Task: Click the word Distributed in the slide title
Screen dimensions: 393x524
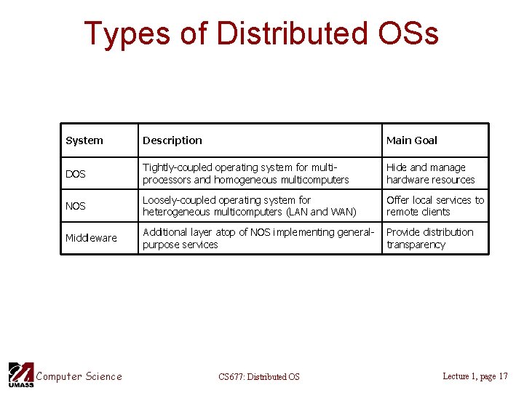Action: pyautogui.click(x=293, y=33)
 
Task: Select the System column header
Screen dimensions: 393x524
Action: pyautogui.click(x=84, y=140)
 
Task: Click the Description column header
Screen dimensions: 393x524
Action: pyautogui.click(x=172, y=140)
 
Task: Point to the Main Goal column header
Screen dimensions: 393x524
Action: pyautogui.click(x=412, y=140)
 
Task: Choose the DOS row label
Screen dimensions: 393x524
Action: pyautogui.click(x=76, y=174)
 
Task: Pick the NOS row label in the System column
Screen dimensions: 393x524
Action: pyautogui.click(x=76, y=206)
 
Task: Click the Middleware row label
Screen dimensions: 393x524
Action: pyautogui.click(x=91, y=238)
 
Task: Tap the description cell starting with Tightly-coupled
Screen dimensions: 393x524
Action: pyautogui.click(x=246, y=173)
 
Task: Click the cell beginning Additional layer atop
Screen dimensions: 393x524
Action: pyautogui.click(x=258, y=238)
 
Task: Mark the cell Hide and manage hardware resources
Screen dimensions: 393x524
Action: pyautogui.click(x=430, y=173)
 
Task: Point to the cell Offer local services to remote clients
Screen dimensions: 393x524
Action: pyautogui.click(x=434, y=205)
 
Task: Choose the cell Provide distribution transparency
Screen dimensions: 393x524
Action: pyautogui.click(x=429, y=238)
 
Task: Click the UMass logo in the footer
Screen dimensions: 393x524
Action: pyautogui.click(x=20, y=374)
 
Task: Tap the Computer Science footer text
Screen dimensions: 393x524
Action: pyautogui.click(x=79, y=376)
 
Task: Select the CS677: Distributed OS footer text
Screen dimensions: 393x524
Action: pyautogui.click(x=259, y=376)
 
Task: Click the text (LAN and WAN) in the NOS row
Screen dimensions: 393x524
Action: pyautogui.click(x=320, y=212)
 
